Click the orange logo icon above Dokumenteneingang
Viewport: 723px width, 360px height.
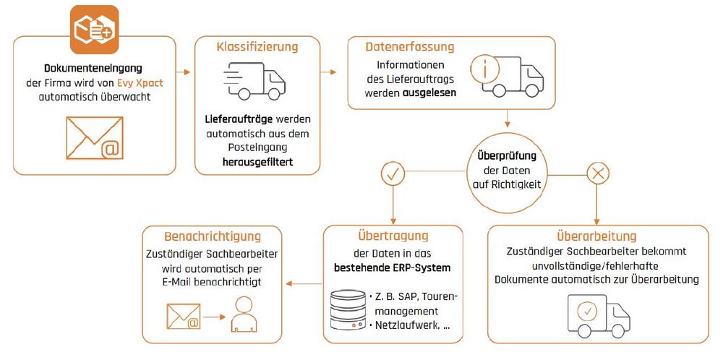point(93,30)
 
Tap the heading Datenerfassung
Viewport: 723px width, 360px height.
point(410,47)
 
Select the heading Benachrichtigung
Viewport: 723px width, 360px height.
point(213,236)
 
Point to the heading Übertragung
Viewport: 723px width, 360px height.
point(393,236)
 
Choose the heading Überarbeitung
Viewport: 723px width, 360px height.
point(596,236)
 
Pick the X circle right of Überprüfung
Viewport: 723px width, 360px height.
point(596,173)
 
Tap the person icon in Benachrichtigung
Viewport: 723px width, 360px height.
point(242,315)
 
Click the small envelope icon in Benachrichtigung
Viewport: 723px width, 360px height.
point(184,315)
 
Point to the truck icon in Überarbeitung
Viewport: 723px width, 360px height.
point(597,312)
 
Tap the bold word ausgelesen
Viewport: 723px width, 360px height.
point(430,93)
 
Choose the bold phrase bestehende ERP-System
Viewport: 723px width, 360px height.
point(393,267)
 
